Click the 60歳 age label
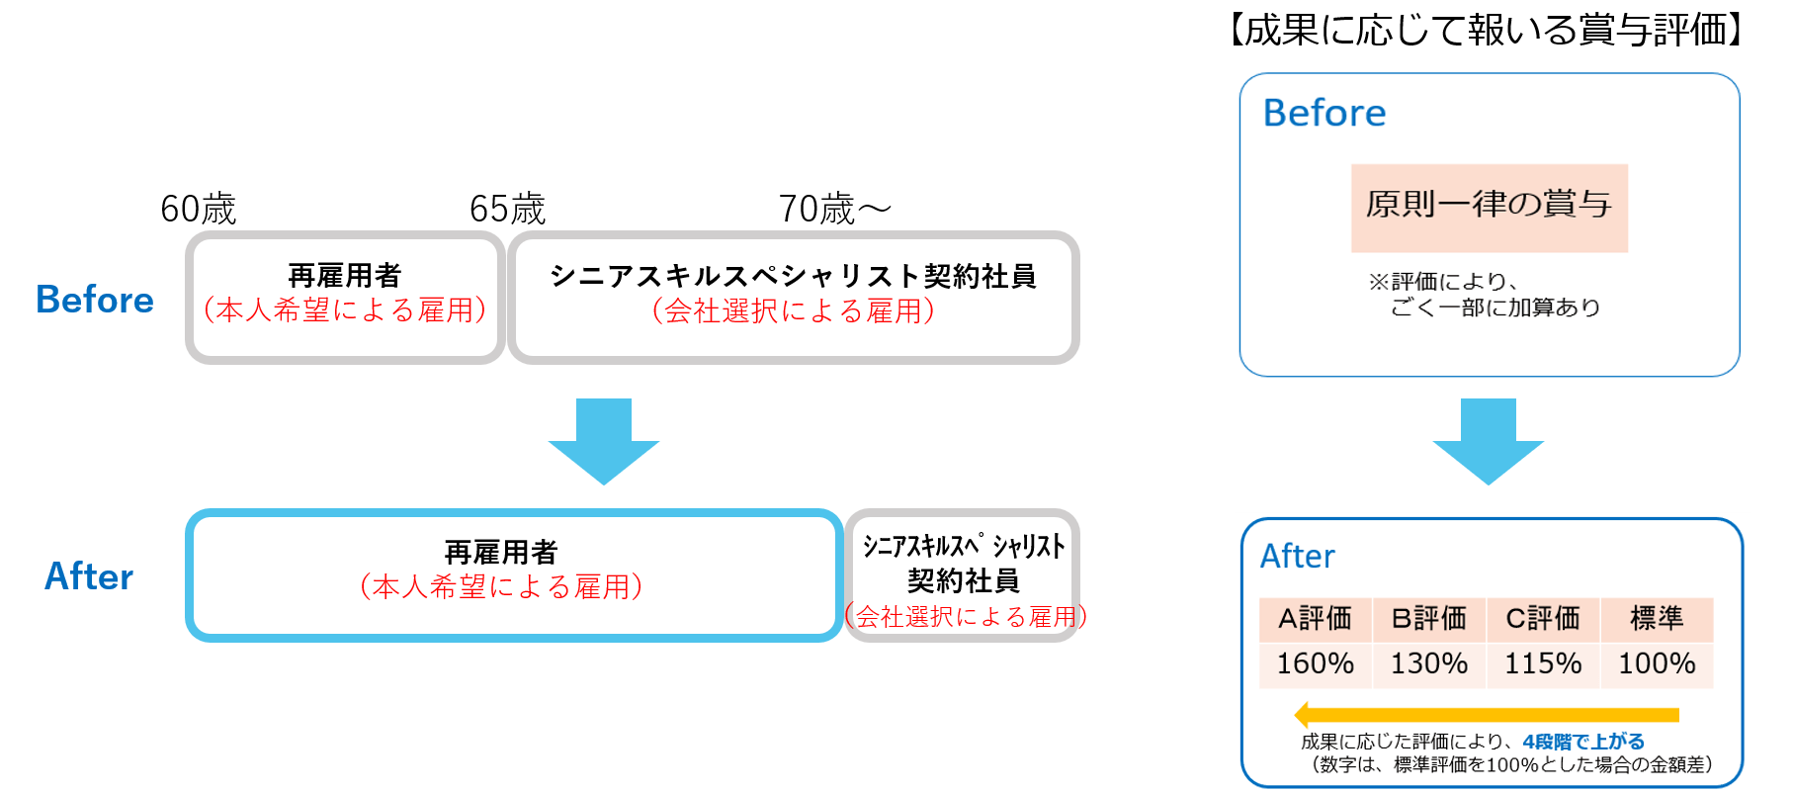199,209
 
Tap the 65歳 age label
507,209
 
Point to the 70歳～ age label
834,209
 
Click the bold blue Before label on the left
95,300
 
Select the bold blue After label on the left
89,575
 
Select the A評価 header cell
1315,619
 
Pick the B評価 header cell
1428,619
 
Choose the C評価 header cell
1542,619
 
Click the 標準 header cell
1657,619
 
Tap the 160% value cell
1315,663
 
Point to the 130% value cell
1428,663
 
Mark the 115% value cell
1542,663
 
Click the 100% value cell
1657,663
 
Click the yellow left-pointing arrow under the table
1487,714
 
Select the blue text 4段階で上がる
1583,741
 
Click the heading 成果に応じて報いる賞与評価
1487,31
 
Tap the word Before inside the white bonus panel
1324,113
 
